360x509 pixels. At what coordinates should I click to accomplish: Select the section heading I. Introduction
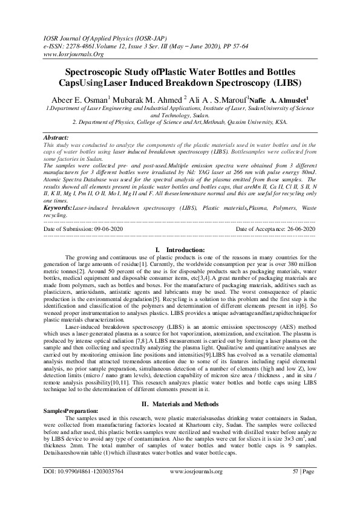click(180, 250)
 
